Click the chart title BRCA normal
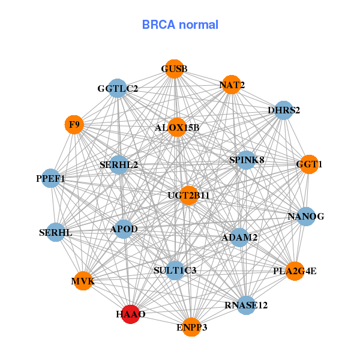pos(180,25)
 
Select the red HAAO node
pos(131,314)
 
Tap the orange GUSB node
pos(174,69)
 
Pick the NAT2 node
pos(232,85)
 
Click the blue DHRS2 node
pos(283,110)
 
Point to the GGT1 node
pos(309,164)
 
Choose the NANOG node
pos(305,217)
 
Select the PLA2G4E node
pos(295,271)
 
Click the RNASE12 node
pos(246,305)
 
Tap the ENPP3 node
pos(191,327)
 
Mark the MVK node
pos(83,281)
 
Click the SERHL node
pos(56,232)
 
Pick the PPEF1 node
pos(51,179)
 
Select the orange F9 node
pos(74,125)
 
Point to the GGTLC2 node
pos(118,89)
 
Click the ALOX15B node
pos(177,127)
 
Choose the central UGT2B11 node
pos(189,195)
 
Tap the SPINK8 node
pos(247,160)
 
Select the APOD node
pos(124,229)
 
